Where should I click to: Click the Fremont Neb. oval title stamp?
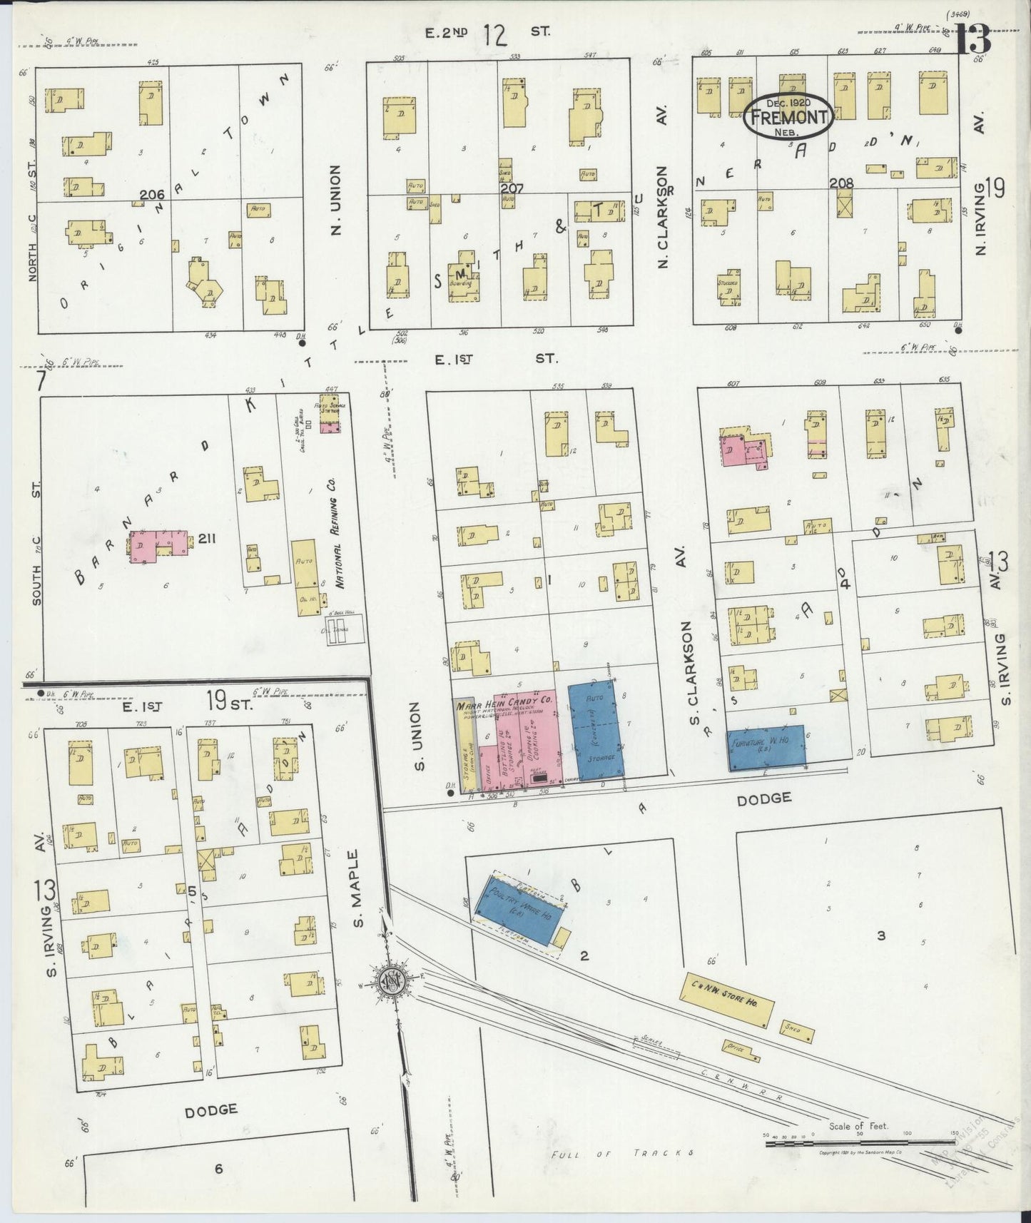(788, 118)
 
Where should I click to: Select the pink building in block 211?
(161, 545)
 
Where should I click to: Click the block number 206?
(152, 195)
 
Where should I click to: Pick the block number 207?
(512, 189)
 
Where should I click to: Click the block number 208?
(842, 183)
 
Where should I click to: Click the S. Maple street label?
(359, 888)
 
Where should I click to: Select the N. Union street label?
(336, 200)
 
